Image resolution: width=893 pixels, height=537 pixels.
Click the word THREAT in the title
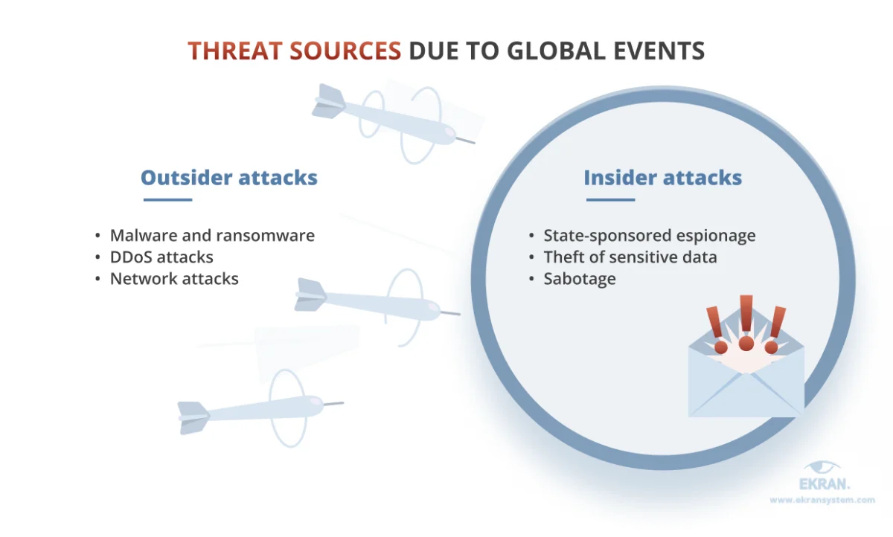pyautogui.click(x=235, y=51)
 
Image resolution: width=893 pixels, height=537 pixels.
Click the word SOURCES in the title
pyautogui.click(x=345, y=51)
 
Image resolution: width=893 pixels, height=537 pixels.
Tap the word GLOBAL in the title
pyautogui.click(x=557, y=51)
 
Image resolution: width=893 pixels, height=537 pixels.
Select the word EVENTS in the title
pyautogui.click(x=659, y=51)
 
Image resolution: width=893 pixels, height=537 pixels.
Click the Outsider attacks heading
pyautogui.click(x=229, y=177)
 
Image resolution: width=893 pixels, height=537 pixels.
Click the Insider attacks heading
pyautogui.click(x=662, y=177)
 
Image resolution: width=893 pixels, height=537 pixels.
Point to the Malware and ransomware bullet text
pyautogui.click(x=213, y=236)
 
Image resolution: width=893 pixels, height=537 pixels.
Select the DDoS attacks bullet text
pyautogui.click(x=162, y=257)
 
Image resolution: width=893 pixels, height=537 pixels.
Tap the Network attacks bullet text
pyautogui.click(x=174, y=278)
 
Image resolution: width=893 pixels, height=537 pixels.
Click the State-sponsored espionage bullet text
pyautogui.click(x=650, y=236)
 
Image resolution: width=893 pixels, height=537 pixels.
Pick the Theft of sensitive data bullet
pyautogui.click(x=631, y=257)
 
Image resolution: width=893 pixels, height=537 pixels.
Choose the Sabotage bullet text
pyautogui.click(x=580, y=279)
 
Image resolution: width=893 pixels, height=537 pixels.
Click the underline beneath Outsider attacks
pyautogui.click(x=168, y=199)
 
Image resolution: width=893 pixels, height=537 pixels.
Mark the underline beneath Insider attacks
pyautogui.click(x=610, y=199)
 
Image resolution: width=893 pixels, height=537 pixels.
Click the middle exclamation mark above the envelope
pyautogui.click(x=746, y=323)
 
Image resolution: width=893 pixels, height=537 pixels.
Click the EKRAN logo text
pyautogui.click(x=825, y=484)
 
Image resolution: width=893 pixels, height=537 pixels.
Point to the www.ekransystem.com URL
pyautogui.click(x=822, y=500)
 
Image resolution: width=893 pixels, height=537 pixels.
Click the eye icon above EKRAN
pyautogui.click(x=822, y=467)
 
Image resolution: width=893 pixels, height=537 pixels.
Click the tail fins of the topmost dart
pyautogui.click(x=328, y=101)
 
